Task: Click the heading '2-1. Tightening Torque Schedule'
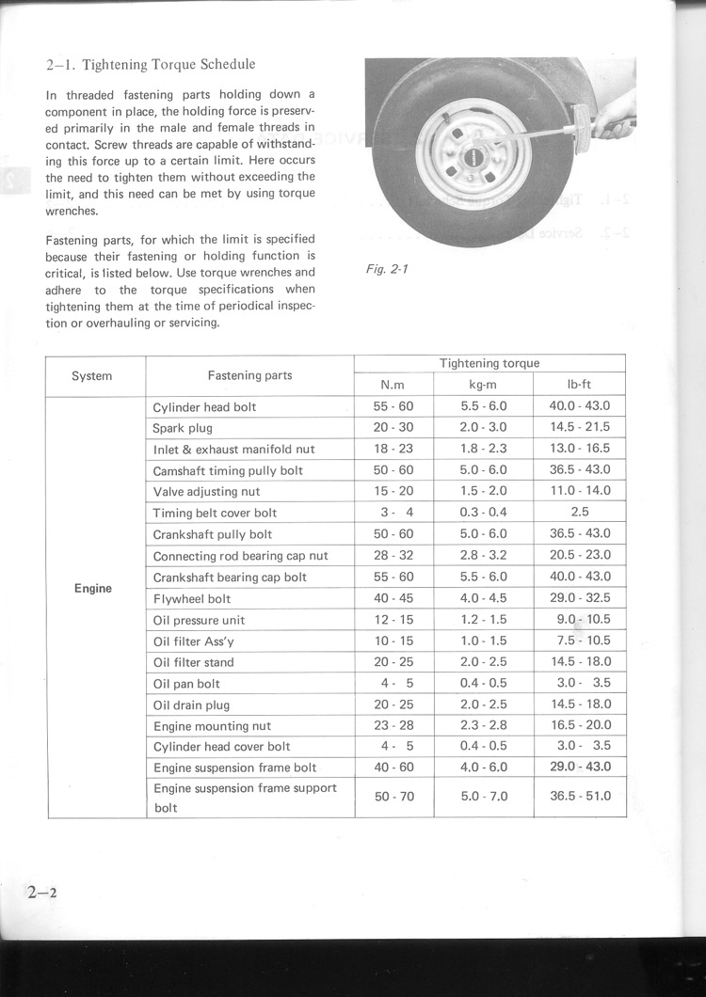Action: (x=151, y=65)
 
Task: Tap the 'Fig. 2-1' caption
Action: (x=386, y=269)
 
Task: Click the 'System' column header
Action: (x=92, y=376)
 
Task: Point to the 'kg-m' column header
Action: (x=483, y=385)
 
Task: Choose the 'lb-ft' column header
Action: (x=579, y=385)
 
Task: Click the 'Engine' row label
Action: (x=92, y=589)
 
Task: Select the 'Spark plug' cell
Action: (x=183, y=428)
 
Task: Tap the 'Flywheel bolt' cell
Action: (x=192, y=598)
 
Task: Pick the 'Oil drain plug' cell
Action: (x=191, y=704)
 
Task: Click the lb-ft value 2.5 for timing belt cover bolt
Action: (x=580, y=513)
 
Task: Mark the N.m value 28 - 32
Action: (x=393, y=555)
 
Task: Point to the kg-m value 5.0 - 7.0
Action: (x=484, y=796)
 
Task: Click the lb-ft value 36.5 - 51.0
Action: (x=580, y=796)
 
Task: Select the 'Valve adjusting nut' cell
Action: (x=206, y=492)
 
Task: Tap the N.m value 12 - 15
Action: (x=393, y=620)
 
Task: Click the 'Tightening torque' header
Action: (x=489, y=363)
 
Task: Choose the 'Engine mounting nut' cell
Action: (x=212, y=726)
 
